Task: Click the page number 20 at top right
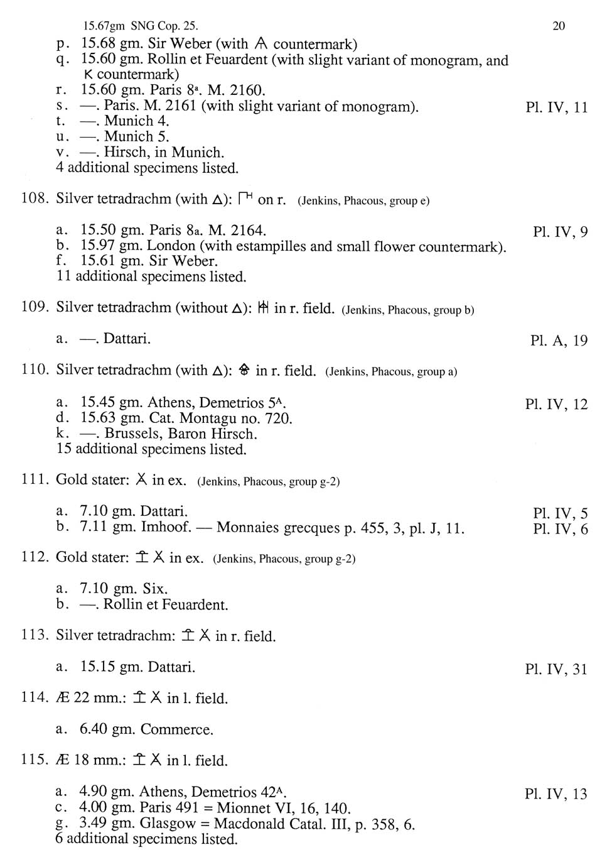559,26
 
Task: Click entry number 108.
35,199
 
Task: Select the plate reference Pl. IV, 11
556,107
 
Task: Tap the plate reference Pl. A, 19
559,341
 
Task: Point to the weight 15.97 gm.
108,246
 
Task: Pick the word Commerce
177,729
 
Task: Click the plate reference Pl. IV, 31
556,669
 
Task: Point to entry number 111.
35,480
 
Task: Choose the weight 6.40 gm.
107,729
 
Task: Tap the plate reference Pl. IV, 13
556,794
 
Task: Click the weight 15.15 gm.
108,667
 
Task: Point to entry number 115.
35,760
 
